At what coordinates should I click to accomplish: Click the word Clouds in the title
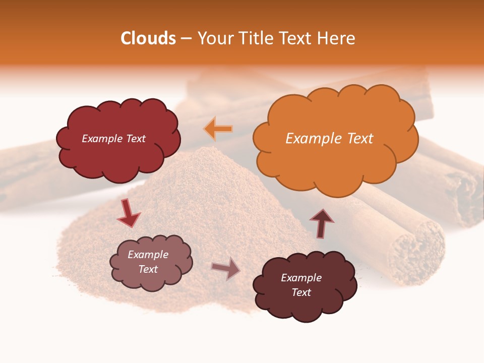(148, 38)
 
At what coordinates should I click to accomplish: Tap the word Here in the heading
(336, 38)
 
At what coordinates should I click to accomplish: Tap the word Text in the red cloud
(135, 139)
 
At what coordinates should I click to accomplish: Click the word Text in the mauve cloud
(148, 269)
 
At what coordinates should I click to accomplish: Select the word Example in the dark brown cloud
(301, 278)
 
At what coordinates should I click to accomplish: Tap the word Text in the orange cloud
(360, 138)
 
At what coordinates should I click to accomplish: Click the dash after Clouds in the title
(186, 38)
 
